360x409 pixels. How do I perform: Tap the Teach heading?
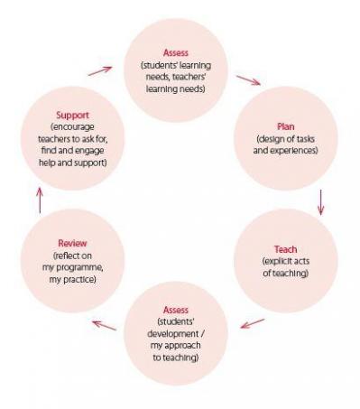[286, 248]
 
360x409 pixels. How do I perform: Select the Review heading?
[71, 243]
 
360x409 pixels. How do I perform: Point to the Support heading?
[71, 117]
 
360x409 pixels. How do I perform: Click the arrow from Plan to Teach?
[321, 201]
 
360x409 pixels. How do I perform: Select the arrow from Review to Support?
[39, 200]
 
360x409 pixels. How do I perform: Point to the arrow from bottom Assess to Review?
[105, 322]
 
